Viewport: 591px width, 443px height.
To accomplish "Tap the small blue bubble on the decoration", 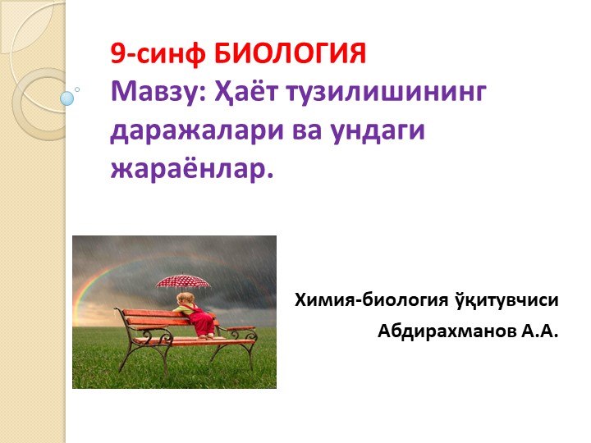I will point(67,98).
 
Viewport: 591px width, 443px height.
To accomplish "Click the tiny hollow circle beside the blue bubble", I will point(77,89).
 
